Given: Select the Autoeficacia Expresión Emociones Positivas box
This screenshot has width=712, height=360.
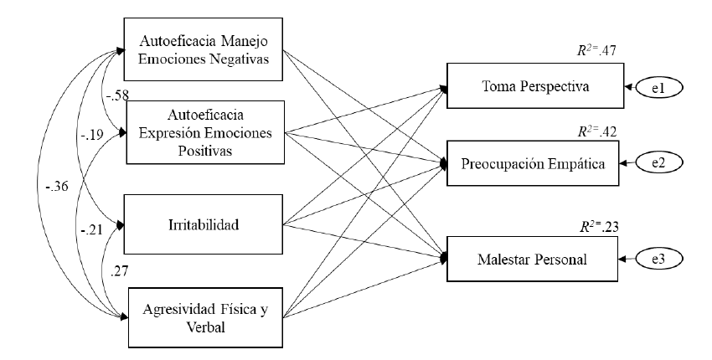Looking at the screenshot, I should pos(205,133).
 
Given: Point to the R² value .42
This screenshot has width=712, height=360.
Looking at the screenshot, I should pos(591,131).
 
